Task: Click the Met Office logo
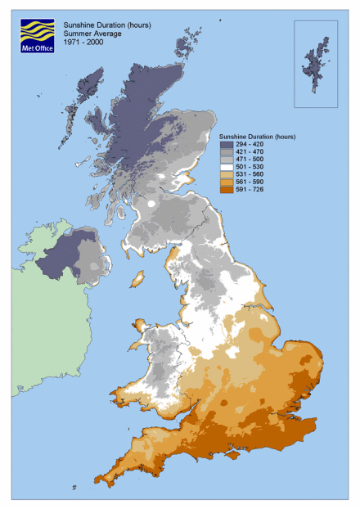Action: (x=38, y=37)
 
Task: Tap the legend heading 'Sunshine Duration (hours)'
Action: (x=257, y=136)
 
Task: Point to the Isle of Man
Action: (x=137, y=279)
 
